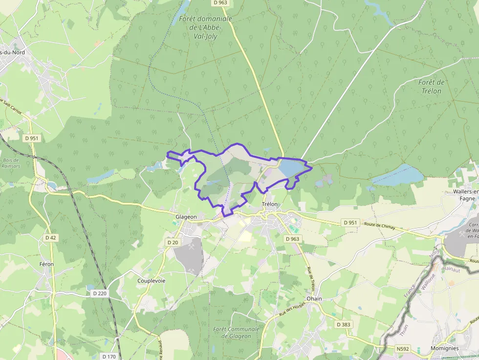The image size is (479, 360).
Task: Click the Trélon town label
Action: pos(269,204)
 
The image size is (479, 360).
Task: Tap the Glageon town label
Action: pos(186,217)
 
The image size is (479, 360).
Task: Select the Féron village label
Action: pos(46,264)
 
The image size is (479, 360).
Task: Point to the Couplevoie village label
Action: pos(152,281)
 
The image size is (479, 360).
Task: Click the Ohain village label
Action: pos(314,298)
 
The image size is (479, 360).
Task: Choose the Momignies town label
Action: pos(444,348)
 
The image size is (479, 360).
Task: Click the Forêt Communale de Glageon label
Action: pos(232,333)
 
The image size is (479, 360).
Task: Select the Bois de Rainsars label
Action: pos(11,163)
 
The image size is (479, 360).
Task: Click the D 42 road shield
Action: pos(51,237)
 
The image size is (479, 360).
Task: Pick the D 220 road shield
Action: pos(99,294)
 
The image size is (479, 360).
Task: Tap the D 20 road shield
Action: pos(172,242)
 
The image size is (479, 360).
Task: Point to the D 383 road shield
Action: pos(344,324)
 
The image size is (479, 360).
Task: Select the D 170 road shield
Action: pos(109,357)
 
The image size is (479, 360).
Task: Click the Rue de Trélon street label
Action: pos(310,279)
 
